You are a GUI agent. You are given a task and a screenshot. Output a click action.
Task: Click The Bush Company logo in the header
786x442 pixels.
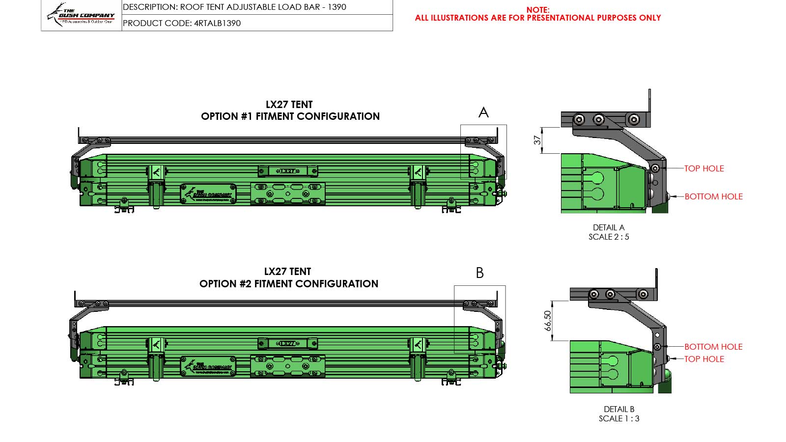[x=82, y=15]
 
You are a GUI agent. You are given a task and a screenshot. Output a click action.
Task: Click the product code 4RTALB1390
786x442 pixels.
[x=217, y=23]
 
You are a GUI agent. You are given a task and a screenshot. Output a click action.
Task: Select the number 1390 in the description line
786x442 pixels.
[x=337, y=7]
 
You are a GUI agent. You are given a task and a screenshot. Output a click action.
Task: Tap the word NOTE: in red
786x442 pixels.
[x=538, y=10]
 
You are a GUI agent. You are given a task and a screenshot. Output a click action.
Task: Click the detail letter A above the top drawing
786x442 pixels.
[x=483, y=113]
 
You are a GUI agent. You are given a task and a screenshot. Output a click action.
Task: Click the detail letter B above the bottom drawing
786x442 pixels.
[x=480, y=273]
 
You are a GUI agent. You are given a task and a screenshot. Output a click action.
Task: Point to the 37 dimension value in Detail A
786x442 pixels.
[x=537, y=140]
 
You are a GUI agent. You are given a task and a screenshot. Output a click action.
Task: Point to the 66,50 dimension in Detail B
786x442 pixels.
[x=548, y=321]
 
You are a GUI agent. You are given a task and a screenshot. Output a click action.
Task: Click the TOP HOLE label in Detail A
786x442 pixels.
[x=704, y=168]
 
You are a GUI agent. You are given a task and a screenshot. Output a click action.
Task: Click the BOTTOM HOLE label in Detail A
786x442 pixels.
[x=713, y=196]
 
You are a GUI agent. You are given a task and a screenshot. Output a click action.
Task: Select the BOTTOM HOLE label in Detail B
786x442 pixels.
[x=713, y=347]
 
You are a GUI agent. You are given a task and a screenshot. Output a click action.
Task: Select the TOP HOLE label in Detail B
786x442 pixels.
[x=704, y=359]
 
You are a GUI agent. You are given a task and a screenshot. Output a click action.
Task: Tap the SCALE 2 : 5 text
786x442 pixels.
[x=609, y=237]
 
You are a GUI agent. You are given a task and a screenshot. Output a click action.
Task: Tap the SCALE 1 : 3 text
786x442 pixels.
[x=619, y=418]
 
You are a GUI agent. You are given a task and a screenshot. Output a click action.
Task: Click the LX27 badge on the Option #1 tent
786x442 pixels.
[x=288, y=171]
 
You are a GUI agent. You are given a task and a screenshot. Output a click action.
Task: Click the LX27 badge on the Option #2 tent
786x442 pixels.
[x=288, y=343]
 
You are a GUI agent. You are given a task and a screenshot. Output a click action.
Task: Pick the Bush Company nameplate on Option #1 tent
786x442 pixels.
[x=208, y=194]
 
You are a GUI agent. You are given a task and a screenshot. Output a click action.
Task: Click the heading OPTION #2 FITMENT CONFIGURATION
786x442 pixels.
[x=289, y=284]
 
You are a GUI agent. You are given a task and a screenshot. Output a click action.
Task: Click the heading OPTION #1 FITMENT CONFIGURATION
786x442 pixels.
[x=290, y=116]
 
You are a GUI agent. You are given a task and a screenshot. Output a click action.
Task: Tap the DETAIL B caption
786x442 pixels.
[x=619, y=409]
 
